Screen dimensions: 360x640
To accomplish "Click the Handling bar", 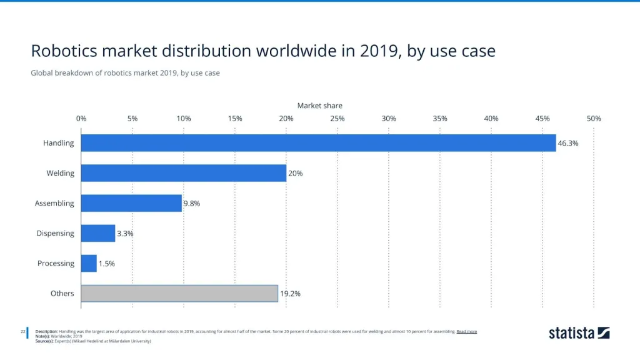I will (x=318, y=143).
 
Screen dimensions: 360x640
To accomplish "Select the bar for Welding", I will (x=184, y=173).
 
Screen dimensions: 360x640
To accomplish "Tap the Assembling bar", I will (x=131, y=203).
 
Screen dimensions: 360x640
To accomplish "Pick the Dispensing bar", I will (x=98, y=233).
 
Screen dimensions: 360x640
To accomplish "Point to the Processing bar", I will (x=89, y=263).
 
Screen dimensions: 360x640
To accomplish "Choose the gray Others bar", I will (x=179, y=293).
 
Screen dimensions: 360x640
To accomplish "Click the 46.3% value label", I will (x=568, y=143).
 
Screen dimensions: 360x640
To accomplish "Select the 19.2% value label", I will (x=290, y=293).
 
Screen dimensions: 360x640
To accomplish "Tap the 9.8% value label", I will (x=191, y=203).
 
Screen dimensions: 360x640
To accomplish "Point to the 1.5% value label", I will (x=107, y=263).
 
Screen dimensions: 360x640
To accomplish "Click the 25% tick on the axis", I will (x=337, y=118).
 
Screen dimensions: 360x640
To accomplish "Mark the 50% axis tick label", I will (x=594, y=118).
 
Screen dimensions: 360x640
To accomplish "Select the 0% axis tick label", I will (x=81, y=118).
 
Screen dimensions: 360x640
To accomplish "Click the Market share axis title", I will (x=319, y=106).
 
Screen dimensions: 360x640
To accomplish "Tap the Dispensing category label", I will (x=55, y=233).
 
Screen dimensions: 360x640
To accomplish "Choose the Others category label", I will (x=62, y=293).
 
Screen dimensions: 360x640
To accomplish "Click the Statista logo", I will (x=579, y=332).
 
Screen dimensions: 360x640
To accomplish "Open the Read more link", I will (x=467, y=331).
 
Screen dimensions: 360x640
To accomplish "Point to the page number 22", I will (x=22, y=331).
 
